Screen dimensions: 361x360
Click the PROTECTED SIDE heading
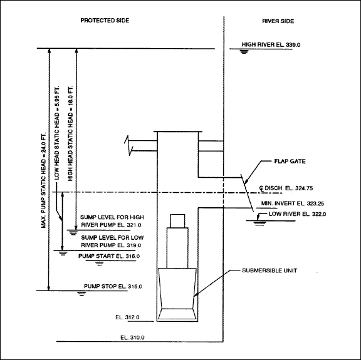tap(105, 21)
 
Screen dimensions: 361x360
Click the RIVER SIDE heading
tap(278, 21)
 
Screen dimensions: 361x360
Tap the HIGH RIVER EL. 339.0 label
tap(271, 44)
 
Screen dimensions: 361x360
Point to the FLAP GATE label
tap(290, 162)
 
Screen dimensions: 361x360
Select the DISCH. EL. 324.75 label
tap(286, 188)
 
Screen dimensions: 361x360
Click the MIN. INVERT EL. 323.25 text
tap(293, 203)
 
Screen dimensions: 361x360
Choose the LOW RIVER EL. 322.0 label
tap(298, 214)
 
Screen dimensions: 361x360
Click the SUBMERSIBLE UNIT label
tap(269, 270)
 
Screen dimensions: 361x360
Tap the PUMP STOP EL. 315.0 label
tap(113, 286)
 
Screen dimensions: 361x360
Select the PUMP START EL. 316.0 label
tap(109, 256)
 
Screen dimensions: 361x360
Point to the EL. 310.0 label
tap(132, 337)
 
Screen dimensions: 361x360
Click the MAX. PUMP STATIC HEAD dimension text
tap(43, 180)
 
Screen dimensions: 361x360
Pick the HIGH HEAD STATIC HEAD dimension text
tap(70, 133)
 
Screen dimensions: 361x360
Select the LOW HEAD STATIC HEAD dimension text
tap(56, 133)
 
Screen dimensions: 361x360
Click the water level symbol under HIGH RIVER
tap(244, 51)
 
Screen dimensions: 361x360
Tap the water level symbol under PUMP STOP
tap(81, 293)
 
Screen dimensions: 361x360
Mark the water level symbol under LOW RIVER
tap(259, 223)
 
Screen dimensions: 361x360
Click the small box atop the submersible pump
tap(177, 221)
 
